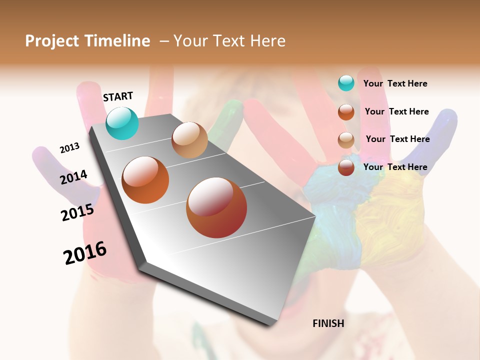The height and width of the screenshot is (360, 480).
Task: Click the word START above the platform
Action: [118, 96]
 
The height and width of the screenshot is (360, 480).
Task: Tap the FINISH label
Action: [328, 323]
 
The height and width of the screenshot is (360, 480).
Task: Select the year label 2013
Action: [69, 148]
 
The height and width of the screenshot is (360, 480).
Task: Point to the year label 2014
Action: [73, 177]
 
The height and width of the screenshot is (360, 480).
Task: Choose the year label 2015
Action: [77, 212]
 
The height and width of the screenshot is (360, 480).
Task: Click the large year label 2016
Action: [85, 252]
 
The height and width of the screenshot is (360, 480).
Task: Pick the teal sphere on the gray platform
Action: [122, 123]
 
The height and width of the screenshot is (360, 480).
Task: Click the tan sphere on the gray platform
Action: [189, 140]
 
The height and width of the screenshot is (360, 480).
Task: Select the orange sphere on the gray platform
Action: [145, 180]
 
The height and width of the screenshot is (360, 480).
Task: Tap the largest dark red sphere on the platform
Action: [216, 207]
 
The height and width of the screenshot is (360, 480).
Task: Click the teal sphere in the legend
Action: [346, 83]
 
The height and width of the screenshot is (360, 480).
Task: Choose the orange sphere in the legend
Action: [346, 112]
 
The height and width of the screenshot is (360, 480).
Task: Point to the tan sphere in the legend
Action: [346, 140]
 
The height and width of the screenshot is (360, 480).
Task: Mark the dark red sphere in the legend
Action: [346, 167]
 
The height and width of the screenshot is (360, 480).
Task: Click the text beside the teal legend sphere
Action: [395, 83]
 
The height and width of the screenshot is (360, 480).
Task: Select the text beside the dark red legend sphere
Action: [395, 167]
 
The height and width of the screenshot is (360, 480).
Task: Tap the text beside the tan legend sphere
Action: [397, 139]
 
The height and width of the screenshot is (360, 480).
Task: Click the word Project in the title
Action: [51, 41]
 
